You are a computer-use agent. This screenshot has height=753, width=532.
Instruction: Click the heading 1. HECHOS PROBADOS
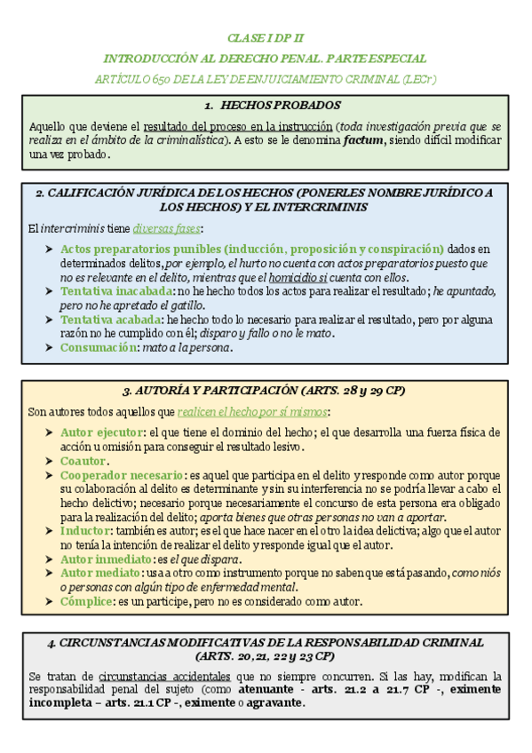266,105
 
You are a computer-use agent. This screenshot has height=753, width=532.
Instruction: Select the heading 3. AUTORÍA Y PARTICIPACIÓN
266,390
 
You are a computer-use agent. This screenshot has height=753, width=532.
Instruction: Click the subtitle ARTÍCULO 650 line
266,79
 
